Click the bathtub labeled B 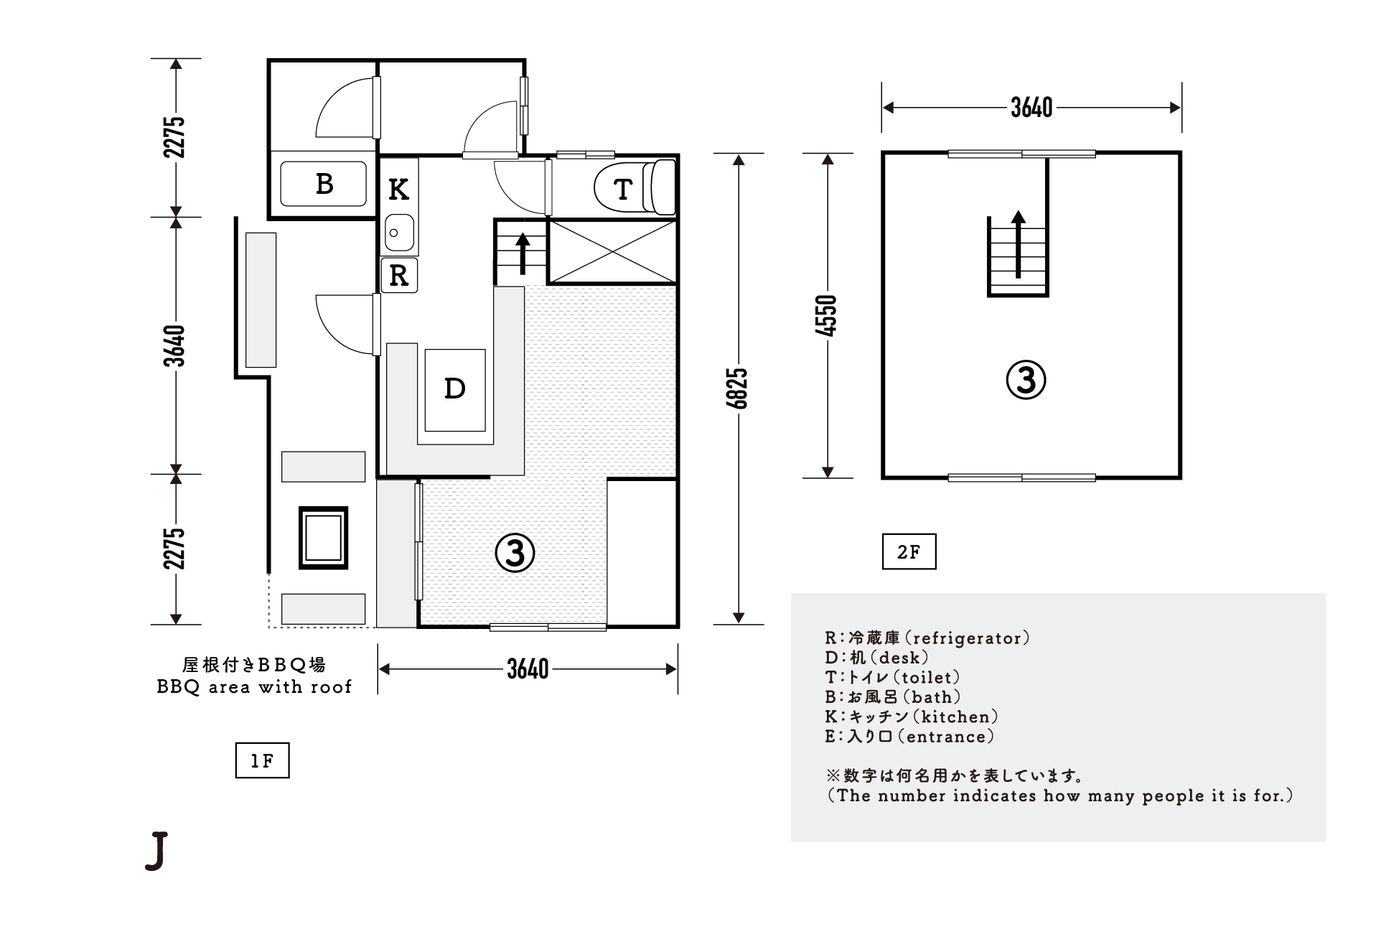[x=323, y=184]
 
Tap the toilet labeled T [x=635, y=188]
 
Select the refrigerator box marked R [x=399, y=275]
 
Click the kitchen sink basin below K [x=399, y=232]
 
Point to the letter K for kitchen [x=399, y=190]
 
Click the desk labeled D [x=455, y=389]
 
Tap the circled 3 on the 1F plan [x=515, y=553]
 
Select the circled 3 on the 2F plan [x=1026, y=381]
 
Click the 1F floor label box [x=262, y=761]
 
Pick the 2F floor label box [x=909, y=552]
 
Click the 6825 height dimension [x=739, y=388]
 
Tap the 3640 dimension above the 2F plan [x=1031, y=108]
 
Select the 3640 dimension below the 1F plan [x=528, y=669]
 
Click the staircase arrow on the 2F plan [x=1018, y=244]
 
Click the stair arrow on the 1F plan [x=523, y=253]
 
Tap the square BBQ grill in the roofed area [x=323, y=538]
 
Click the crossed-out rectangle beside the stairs [x=612, y=251]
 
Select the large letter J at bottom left [x=156, y=852]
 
